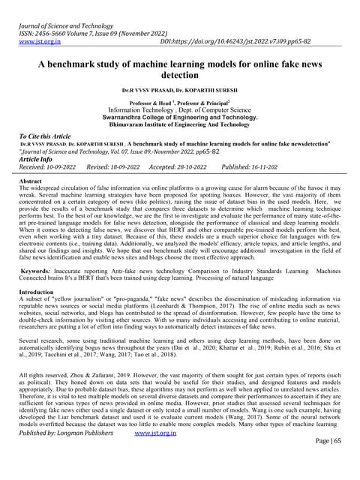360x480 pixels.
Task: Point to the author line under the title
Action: (x=179, y=89)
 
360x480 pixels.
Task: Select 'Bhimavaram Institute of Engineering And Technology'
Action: (x=179, y=126)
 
